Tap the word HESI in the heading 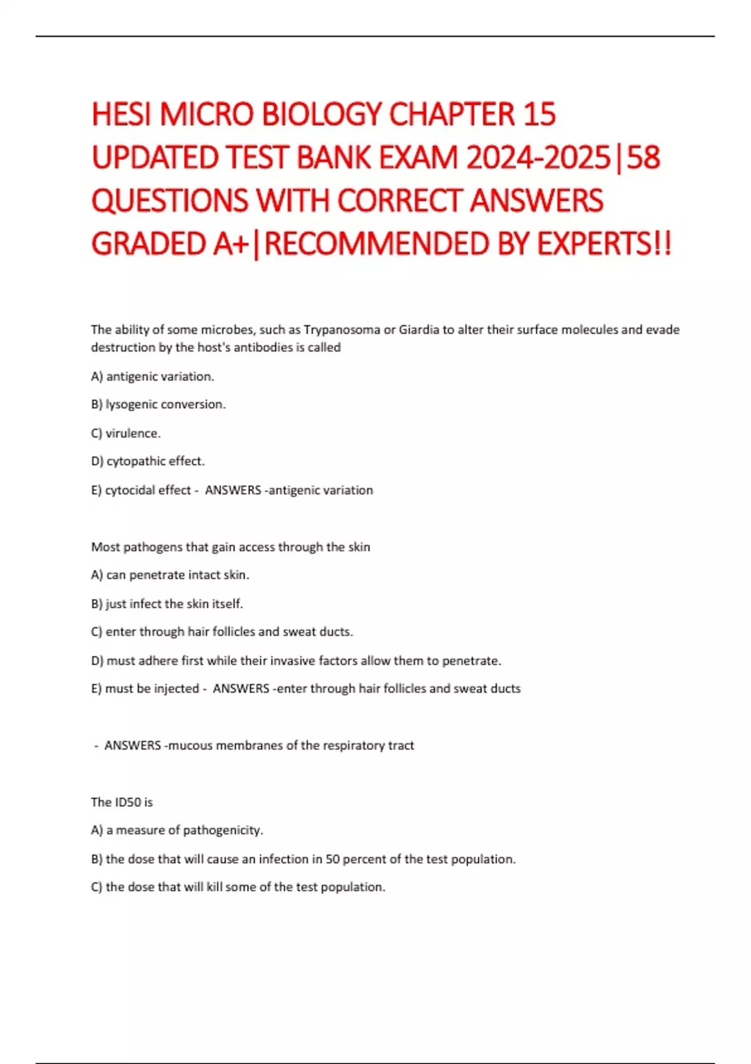coord(121,115)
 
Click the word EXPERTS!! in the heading coord(605,243)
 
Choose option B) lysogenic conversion coord(158,405)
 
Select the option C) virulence coord(126,433)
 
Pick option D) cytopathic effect coord(148,461)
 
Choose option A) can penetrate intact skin coord(170,575)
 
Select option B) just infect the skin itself coord(167,604)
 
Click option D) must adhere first coord(296,661)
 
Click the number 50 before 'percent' coord(332,859)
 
